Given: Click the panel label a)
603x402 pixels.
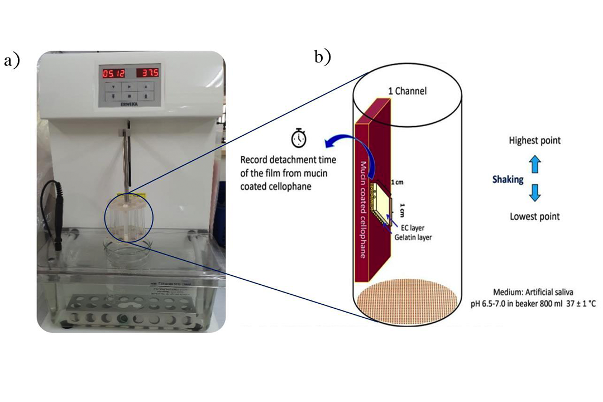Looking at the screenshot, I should click(x=12, y=60).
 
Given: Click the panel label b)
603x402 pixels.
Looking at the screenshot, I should click(x=322, y=56).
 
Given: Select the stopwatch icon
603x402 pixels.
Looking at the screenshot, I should click(x=299, y=137).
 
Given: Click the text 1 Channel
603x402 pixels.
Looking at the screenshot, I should click(x=407, y=91).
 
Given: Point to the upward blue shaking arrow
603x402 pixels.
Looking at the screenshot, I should click(x=535, y=164).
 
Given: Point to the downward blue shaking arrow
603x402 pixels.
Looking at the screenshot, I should click(x=535, y=193).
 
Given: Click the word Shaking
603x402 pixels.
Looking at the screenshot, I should click(x=508, y=179).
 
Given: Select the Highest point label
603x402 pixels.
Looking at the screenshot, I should click(x=534, y=141).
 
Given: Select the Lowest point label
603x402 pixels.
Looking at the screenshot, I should click(x=534, y=217).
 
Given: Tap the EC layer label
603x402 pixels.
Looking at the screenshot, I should click(x=413, y=228).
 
